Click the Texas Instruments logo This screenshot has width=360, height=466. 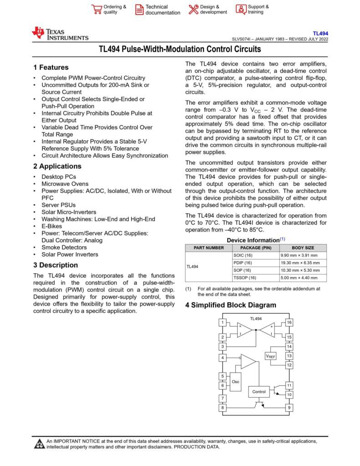click(x=60, y=33)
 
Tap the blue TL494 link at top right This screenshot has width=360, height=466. click(x=320, y=33)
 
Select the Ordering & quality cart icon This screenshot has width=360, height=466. click(x=96, y=10)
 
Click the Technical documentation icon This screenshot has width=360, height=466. click(x=139, y=10)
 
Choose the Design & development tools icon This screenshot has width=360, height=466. click(x=193, y=10)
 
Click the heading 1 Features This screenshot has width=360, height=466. click(x=51, y=67)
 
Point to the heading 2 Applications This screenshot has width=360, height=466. click(x=57, y=166)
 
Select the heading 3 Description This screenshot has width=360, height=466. click(x=56, y=265)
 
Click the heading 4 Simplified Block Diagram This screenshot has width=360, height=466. click(x=230, y=305)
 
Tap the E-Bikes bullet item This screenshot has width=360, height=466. click(x=51, y=226)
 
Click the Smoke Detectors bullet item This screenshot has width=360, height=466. click(x=64, y=247)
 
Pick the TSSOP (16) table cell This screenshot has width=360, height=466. click(x=244, y=278)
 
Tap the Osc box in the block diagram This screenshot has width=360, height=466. click(x=235, y=381)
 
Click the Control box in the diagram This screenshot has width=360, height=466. click(x=259, y=391)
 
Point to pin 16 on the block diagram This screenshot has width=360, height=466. click(x=289, y=323)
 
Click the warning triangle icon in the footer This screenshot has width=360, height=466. click(x=40, y=444)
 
